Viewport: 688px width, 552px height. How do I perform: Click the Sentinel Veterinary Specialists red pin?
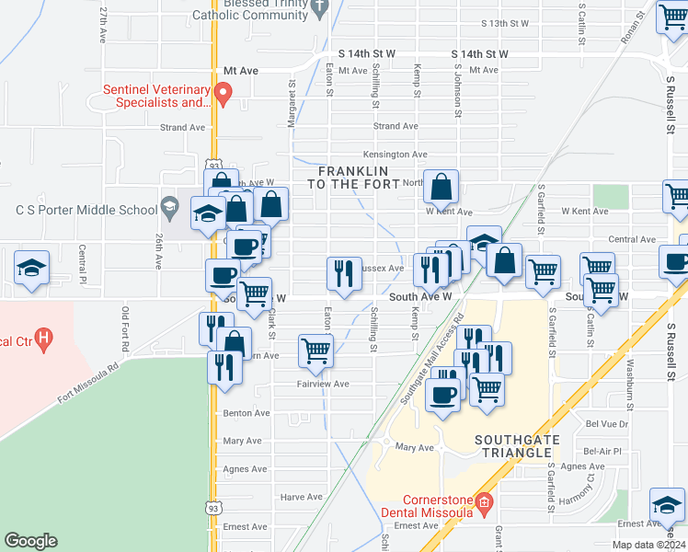(222, 92)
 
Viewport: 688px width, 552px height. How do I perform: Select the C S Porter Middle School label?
(87, 209)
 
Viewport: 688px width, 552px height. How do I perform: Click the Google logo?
(30, 541)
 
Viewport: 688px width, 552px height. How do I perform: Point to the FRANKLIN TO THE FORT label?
(353, 178)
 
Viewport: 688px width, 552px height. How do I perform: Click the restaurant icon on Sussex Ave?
(344, 274)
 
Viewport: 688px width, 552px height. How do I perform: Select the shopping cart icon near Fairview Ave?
(315, 351)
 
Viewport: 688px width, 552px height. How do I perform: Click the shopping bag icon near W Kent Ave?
(441, 187)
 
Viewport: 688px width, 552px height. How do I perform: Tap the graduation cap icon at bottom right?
(667, 505)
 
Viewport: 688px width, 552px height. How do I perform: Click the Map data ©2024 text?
(647, 545)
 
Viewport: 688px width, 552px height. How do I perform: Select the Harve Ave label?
(302, 497)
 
